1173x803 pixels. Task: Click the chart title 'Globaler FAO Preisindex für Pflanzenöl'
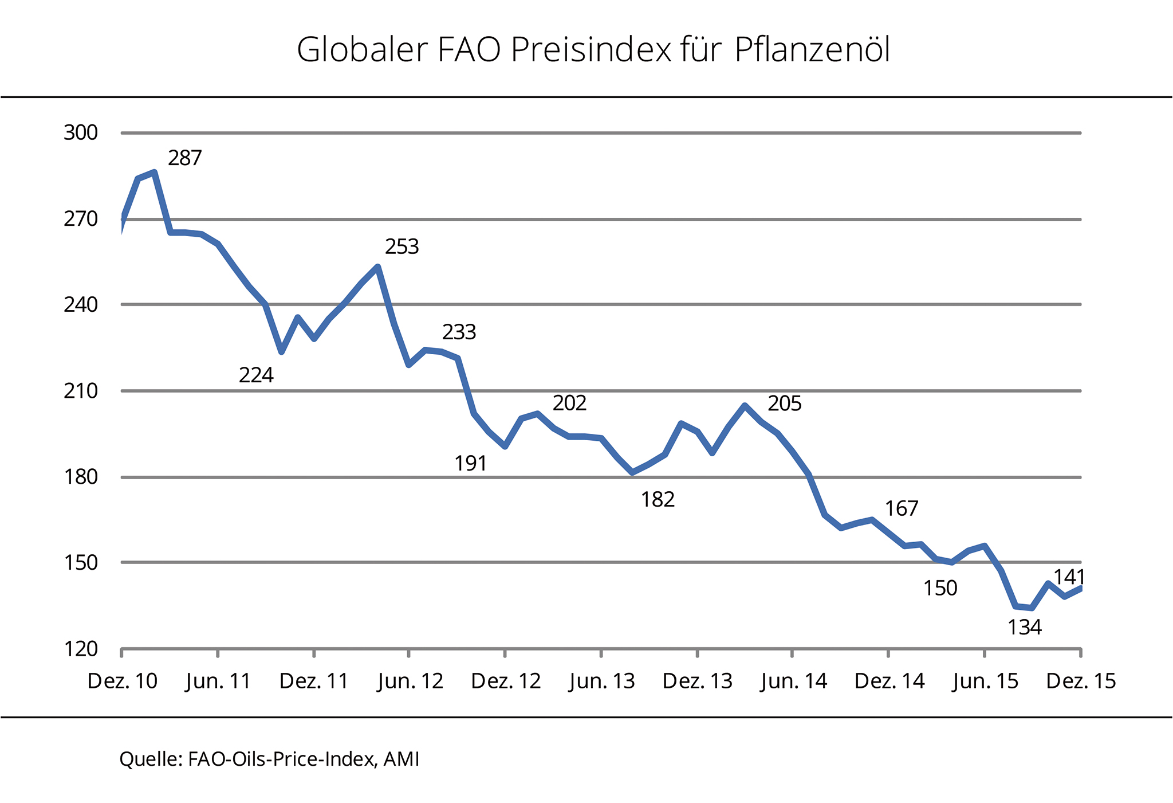pos(593,50)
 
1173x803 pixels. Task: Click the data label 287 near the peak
pos(184,158)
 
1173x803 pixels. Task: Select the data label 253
pos(402,247)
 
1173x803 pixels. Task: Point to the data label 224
pos(256,375)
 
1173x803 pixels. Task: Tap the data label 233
pos(459,332)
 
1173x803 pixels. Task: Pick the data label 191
pos(470,464)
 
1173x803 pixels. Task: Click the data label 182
pos(658,500)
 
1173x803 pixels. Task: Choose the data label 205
pos(784,404)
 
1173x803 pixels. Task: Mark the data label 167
pos(901,509)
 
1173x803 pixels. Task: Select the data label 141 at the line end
pos(1069,577)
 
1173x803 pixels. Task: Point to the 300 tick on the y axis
pos(80,133)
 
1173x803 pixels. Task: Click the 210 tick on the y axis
pos(80,391)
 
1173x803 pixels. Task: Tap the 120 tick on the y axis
pos(80,649)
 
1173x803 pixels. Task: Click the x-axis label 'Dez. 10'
pos(122,681)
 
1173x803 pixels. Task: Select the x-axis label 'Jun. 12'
pos(410,681)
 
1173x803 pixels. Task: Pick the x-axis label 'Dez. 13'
pos(698,681)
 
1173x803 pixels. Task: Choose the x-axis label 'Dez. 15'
pos(1081,681)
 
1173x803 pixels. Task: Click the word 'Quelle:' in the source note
pos(151,759)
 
